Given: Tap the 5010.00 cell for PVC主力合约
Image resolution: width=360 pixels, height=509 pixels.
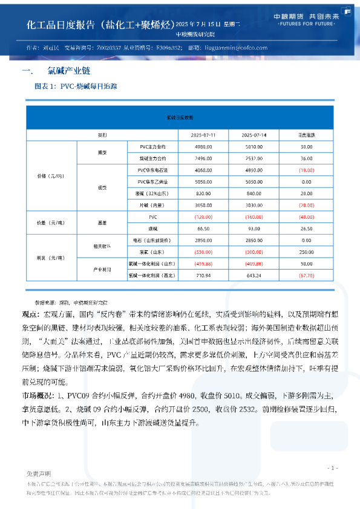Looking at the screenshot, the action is tap(254, 146).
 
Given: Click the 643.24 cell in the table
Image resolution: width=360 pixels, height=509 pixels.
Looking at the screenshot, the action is tap(254, 275).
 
